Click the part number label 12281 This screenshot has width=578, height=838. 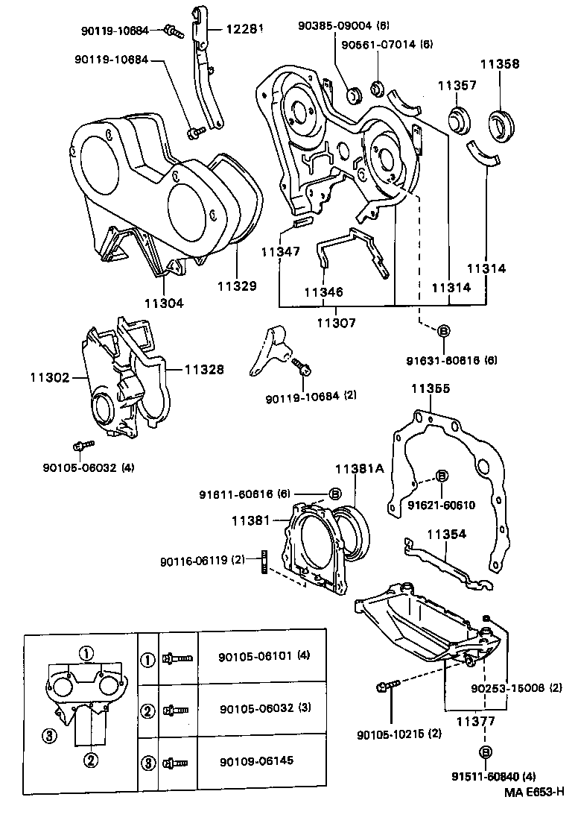(235, 29)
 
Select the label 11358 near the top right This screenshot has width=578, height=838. (499, 65)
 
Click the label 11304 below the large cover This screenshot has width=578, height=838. (164, 303)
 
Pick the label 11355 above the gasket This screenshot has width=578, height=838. (432, 389)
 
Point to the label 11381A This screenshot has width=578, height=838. (358, 469)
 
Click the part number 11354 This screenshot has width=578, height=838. (447, 534)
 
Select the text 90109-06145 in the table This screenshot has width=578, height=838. (251, 761)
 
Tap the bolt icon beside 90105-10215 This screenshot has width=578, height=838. (388, 684)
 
